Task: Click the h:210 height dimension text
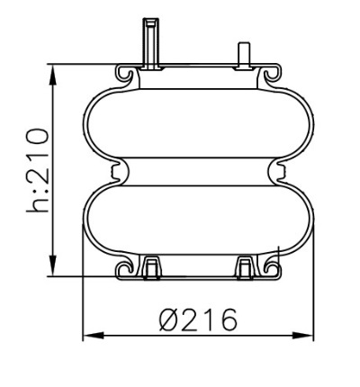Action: (x=37, y=171)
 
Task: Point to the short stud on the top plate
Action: (x=241, y=54)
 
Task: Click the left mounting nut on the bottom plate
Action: (x=151, y=267)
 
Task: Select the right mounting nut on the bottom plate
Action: (x=245, y=267)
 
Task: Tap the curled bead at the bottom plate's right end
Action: (x=268, y=267)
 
